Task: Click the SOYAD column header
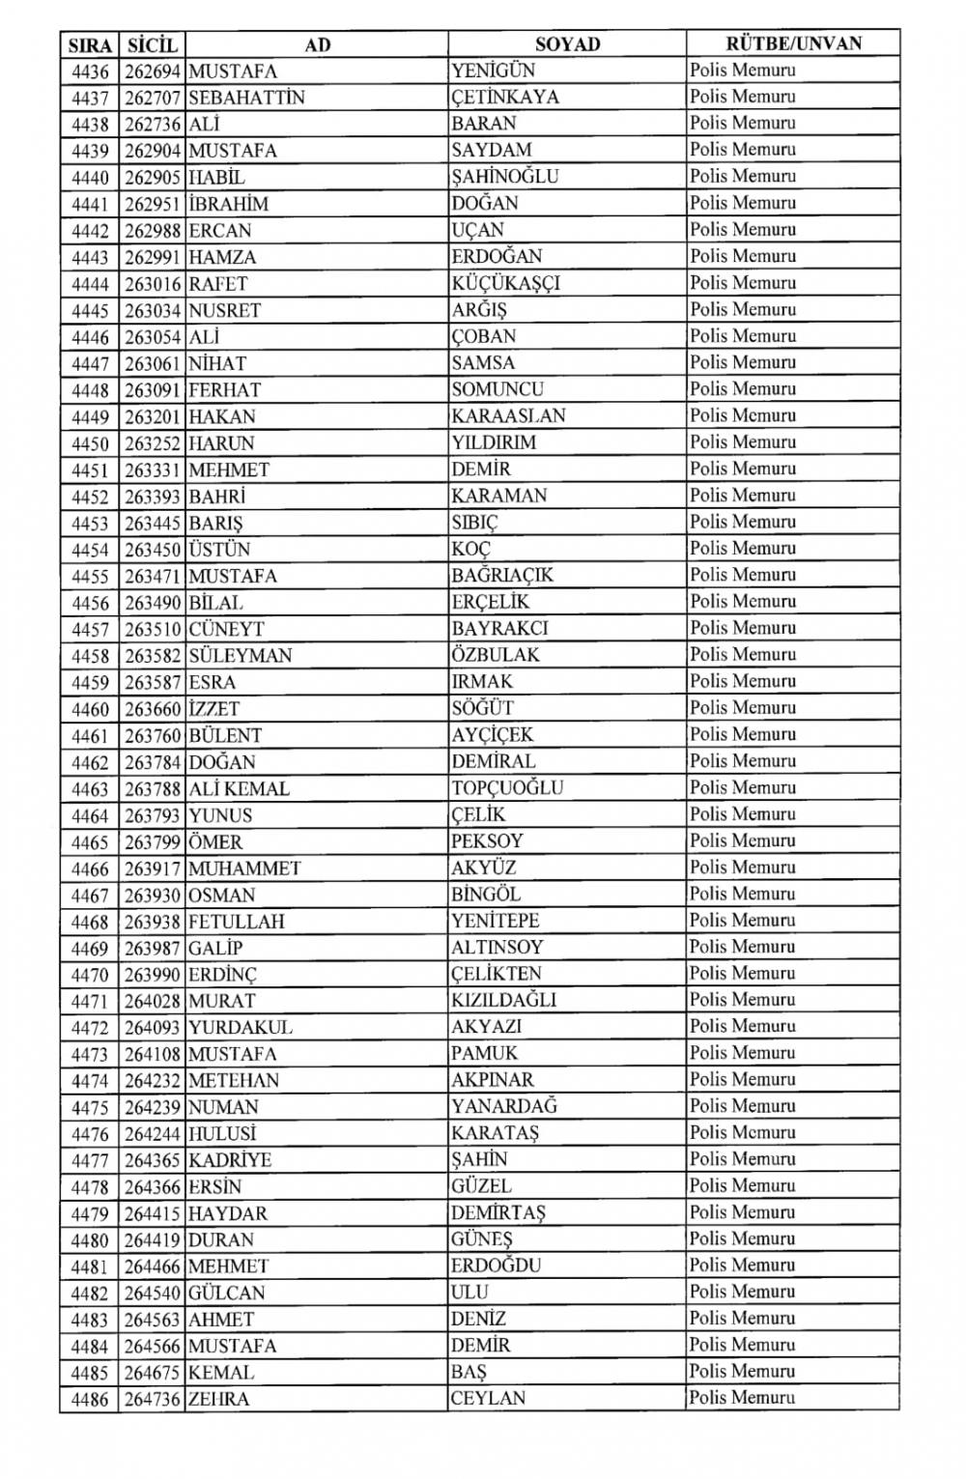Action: coord(567,44)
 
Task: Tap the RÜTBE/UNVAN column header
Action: coord(793,43)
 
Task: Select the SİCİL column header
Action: coord(153,44)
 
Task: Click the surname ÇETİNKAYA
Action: coord(505,98)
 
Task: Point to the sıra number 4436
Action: coord(90,71)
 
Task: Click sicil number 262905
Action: coord(153,178)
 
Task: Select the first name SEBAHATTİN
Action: coord(246,98)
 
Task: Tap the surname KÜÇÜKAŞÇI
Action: coord(505,284)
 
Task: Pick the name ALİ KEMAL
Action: coord(239,789)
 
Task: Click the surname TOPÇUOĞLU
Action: coord(507,788)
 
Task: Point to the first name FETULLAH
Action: coord(237,922)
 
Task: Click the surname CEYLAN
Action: coord(489,1399)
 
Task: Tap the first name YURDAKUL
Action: coord(241,1028)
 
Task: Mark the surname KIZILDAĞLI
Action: coord(503,1001)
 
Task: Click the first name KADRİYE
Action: coord(230,1160)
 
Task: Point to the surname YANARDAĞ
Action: coord(504,1107)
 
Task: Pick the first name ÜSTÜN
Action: coord(219,550)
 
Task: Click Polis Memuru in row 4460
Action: coord(742,708)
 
